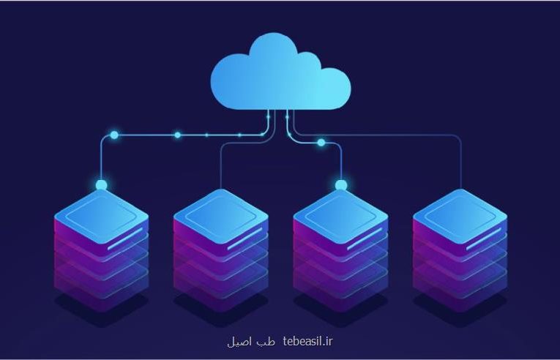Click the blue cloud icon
[x=280, y=72]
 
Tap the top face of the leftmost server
[x=102, y=216]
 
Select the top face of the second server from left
[x=221, y=216]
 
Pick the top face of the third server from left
[x=340, y=216]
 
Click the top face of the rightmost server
[x=460, y=216]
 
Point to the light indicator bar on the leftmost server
[x=125, y=239]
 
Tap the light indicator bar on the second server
[x=244, y=239]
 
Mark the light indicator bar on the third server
[x=365, y=239]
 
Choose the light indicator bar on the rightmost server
[x=484, y=239]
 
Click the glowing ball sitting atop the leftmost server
[x=102, y=185]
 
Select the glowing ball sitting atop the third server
[x=341, y=185]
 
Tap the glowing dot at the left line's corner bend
[x=114, y=135]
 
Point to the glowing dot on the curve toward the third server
[x=321, y=143]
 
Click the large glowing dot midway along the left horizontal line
[x=177, y=135]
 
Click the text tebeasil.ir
[x=307, y=342]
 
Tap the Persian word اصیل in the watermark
[x=241, y=342]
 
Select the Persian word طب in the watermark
[x=266, y=342]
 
